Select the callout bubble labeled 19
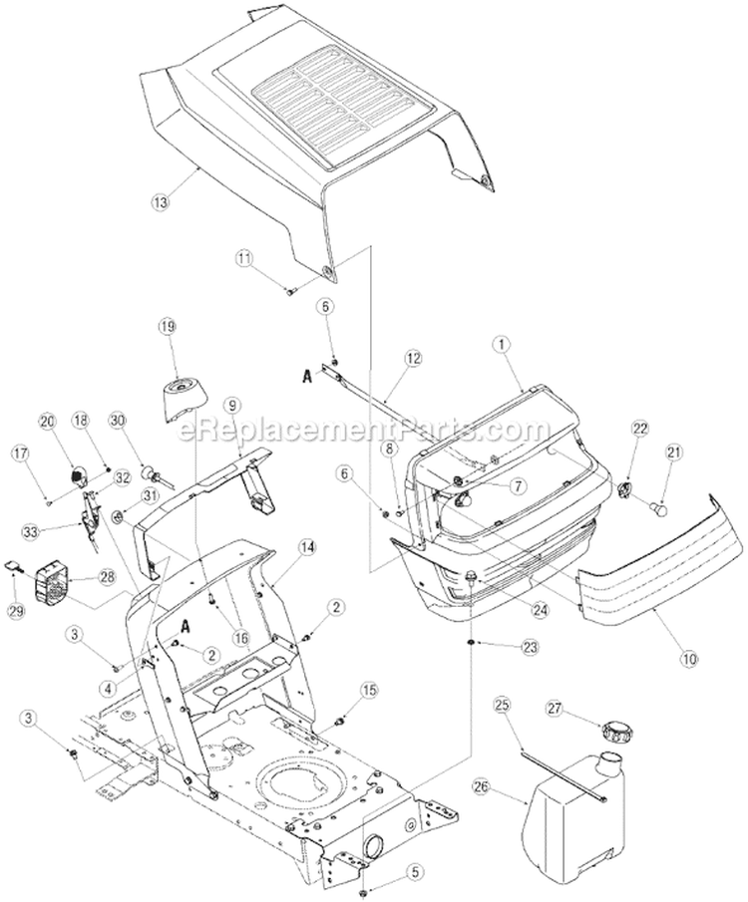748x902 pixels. click(x=167, y=326)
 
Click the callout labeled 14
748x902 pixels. click(x=305, y=547)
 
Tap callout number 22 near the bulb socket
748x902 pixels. click(x=640, y=428)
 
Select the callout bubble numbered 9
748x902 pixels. click(x=231, y=406)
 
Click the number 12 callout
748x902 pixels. click(x=413, y=358)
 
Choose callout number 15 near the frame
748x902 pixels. click(x=370, y=689)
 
